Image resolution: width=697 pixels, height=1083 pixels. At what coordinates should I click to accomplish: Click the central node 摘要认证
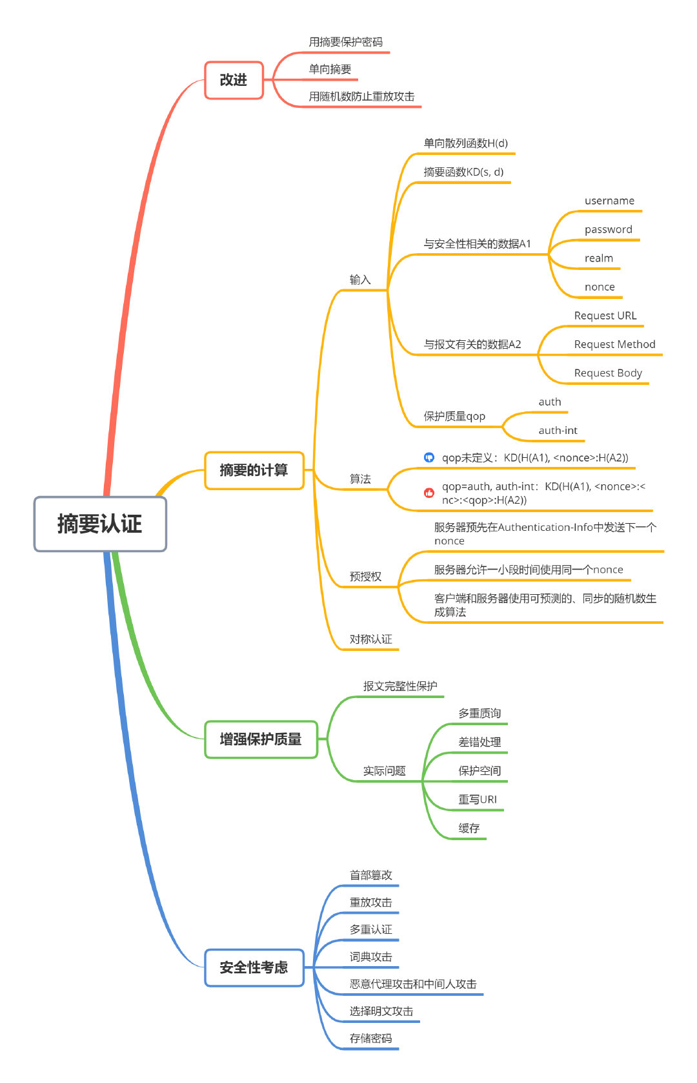(100, 524)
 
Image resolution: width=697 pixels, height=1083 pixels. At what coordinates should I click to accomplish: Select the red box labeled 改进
(234, 80)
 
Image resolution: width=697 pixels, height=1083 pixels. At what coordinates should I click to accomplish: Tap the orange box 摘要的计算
(254, 470)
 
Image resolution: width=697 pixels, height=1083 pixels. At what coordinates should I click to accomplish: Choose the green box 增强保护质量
(261, 739)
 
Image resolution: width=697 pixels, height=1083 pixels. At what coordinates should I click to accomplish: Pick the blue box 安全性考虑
(254, 967)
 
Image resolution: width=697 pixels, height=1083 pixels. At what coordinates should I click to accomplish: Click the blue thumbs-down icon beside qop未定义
(429, 458)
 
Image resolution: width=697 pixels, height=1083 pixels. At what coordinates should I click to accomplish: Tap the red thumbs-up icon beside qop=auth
(429, 493)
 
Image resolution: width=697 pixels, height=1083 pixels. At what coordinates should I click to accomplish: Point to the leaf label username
(609, 201)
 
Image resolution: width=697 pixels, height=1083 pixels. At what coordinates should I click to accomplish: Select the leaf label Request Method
(614, 344)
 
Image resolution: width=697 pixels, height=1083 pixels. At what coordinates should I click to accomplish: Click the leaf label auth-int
(558, 430)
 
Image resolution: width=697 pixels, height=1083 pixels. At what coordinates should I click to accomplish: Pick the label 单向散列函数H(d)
(465, 143)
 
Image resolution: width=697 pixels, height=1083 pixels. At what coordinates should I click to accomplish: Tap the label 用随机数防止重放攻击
(361, 96)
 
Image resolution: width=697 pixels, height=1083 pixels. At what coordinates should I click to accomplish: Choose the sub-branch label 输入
(360, 280)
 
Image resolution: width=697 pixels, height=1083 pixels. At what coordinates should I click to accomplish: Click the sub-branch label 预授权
(365, 576)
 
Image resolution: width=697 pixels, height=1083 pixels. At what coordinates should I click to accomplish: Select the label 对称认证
(370, 639)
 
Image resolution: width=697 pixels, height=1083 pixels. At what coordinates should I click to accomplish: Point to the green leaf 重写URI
(478, 799)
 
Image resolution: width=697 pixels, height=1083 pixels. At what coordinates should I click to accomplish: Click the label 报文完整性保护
(400, 686)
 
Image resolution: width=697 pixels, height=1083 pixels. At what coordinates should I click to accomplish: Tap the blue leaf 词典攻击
(370, 956)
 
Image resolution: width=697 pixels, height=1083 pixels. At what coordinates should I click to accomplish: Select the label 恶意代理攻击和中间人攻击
(413, 984)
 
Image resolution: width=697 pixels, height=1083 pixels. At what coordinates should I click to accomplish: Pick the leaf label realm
(599, 258)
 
